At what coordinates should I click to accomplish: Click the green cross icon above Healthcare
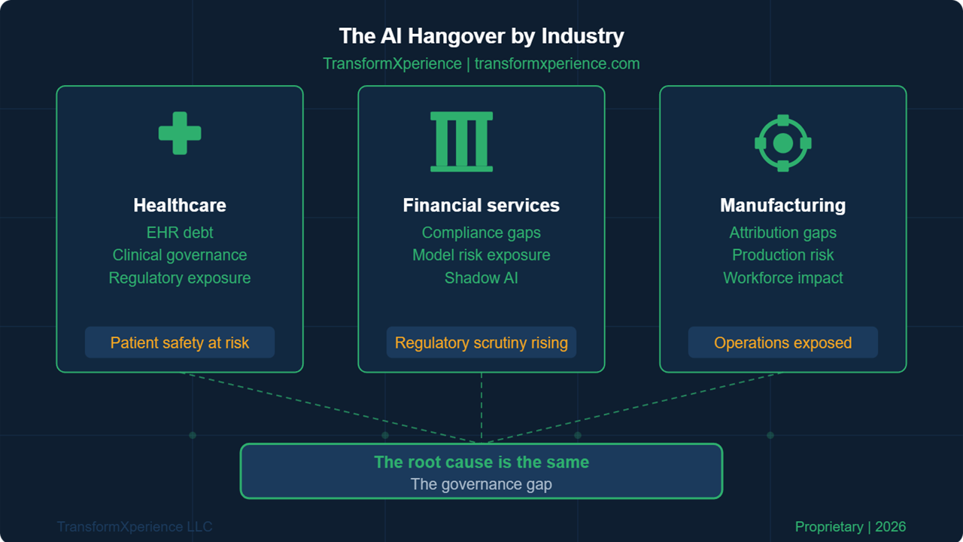180,133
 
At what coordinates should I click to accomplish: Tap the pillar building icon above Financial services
461,142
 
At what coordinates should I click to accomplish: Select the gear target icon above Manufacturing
783,143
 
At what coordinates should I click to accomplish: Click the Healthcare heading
180,206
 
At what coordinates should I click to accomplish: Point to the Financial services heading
481,206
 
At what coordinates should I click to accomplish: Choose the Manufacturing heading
782,206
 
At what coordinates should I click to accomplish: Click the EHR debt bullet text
180,233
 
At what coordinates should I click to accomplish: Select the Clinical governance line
180,255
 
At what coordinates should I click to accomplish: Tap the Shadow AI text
481,278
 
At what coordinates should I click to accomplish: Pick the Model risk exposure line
481,255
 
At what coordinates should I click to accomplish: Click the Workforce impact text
783,278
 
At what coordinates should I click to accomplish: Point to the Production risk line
783,255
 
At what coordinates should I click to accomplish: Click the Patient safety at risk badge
180,343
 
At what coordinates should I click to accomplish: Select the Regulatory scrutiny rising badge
481,343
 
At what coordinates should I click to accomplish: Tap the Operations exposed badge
783,343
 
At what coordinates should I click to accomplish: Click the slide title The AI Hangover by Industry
481,36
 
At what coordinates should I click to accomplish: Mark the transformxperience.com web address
557,64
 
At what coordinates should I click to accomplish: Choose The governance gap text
481,484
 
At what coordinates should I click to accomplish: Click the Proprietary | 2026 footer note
850,527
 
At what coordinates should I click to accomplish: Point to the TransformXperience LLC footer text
135,527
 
